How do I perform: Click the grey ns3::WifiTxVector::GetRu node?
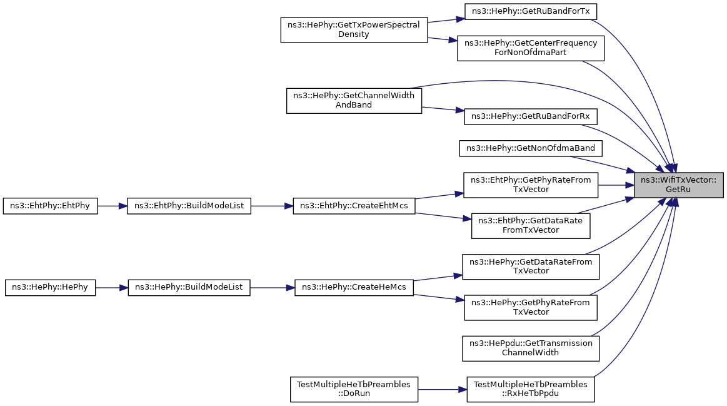[678, 185]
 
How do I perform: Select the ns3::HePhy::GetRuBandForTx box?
[531, 11]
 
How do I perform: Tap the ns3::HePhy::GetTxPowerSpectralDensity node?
[354, 29]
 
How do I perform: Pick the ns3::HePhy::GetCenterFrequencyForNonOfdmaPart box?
[531, 48]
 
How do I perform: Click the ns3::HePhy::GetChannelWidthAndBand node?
[354, 100]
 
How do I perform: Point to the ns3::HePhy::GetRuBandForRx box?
[531, 116]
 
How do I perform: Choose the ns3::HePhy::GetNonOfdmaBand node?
[531, 148]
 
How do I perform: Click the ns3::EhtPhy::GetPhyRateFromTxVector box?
[531, 185]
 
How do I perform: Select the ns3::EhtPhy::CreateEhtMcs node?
[354, 206]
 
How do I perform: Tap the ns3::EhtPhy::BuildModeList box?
[189, 206]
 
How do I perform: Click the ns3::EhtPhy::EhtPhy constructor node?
[50, 206]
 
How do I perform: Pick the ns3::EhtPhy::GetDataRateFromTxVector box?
[531, 225]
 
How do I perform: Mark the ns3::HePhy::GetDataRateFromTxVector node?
[531, 266]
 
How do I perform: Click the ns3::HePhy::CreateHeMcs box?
[354, 288]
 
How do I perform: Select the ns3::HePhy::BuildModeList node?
[189, 288]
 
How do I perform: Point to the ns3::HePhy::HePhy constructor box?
[50, 288]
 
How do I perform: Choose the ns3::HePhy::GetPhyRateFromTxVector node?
[531, 307]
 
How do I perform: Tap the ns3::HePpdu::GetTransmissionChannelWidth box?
[531, 348]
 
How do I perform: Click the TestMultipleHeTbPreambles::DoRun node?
[354, 389]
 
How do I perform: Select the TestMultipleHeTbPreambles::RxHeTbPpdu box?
[531, 389]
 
